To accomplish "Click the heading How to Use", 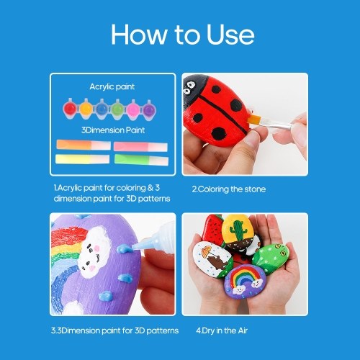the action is coord(182,35).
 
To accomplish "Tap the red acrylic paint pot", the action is coord(70,109).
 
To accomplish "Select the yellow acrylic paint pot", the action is coord(86,109).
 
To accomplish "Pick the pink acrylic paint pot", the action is coord(133,109).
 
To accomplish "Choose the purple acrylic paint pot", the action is coord(149,110).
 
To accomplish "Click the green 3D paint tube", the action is coord(141,160).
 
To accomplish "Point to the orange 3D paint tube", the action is coord(84,145).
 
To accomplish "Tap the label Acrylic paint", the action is coord(112,86).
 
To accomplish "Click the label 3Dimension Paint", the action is coord(113,130).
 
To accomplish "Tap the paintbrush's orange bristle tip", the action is coord(253,120).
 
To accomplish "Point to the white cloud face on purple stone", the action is coord(94,253).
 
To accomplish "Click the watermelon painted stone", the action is coord(213,229).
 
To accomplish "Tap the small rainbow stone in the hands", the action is coord(246,282).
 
